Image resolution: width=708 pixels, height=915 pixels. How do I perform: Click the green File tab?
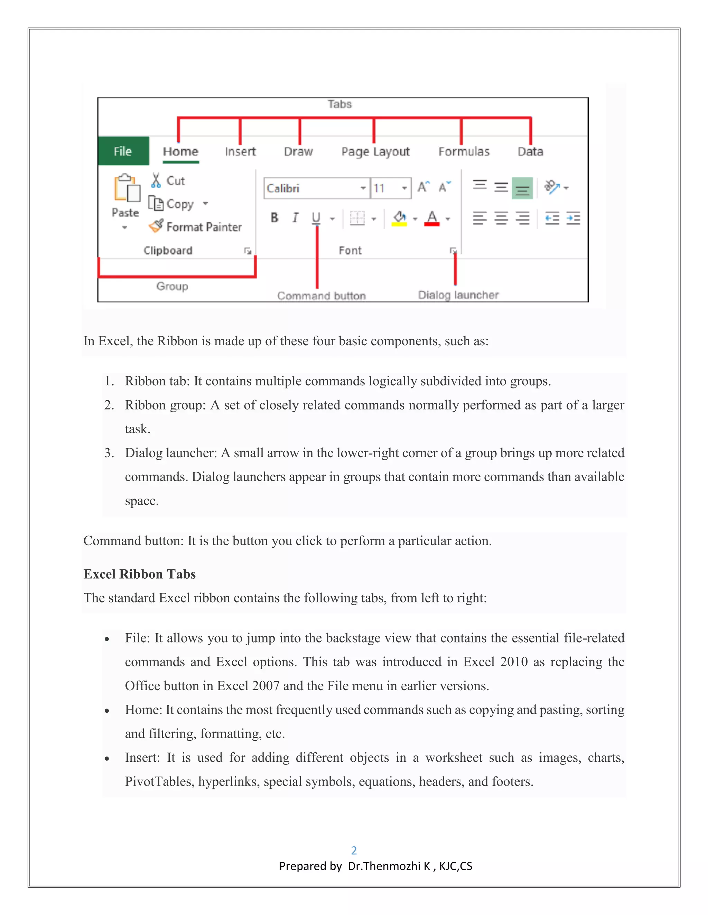(123, 151)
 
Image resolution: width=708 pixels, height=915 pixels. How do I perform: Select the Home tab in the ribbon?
(180, 151)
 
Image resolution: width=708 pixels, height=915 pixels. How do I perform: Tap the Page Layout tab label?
(375, 152)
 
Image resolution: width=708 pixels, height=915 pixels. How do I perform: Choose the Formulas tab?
(464, 151)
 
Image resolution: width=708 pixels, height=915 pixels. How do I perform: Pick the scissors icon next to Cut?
(156, 180)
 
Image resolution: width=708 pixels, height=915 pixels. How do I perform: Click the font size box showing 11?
(385, 188)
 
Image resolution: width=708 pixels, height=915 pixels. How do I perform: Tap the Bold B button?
(274, 218)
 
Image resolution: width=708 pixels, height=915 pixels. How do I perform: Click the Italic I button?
(295, 218)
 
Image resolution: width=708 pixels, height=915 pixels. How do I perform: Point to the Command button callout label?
(321, 296)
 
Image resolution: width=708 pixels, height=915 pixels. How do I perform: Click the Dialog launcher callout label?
(458, 295)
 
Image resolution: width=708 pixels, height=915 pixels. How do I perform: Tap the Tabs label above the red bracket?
(339, 104)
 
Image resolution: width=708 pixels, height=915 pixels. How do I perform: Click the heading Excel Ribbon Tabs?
(140, 574)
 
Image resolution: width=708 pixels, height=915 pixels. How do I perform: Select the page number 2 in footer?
(354, 850)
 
